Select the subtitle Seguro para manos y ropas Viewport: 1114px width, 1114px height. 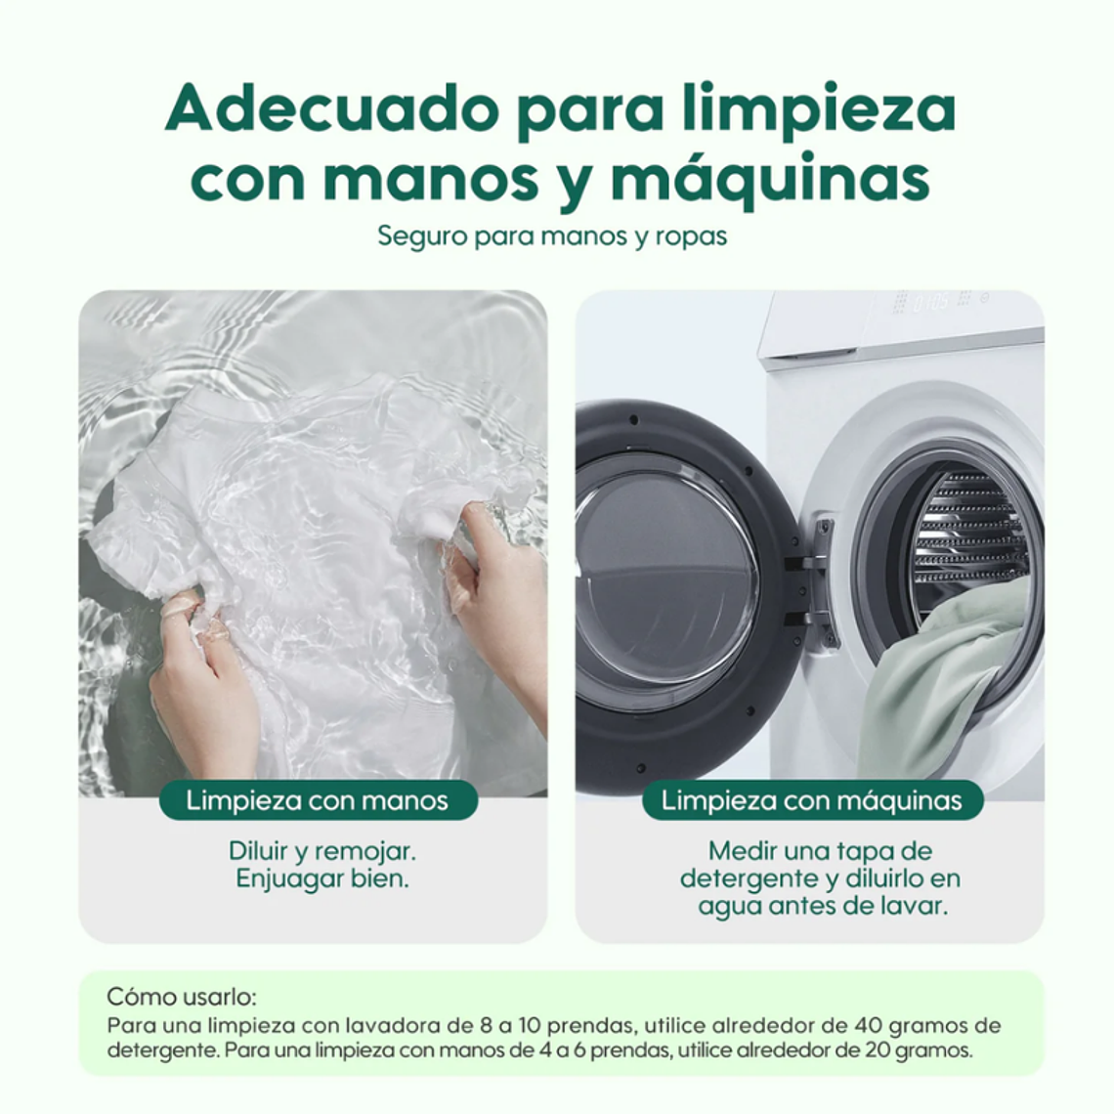[552, 236]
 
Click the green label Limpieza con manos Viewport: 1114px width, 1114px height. [318, 801]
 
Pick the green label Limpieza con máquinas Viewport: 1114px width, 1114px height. [811, 801]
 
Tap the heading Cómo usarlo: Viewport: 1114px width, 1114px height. [182, 998]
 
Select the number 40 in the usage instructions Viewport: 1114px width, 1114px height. [873, 1026]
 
